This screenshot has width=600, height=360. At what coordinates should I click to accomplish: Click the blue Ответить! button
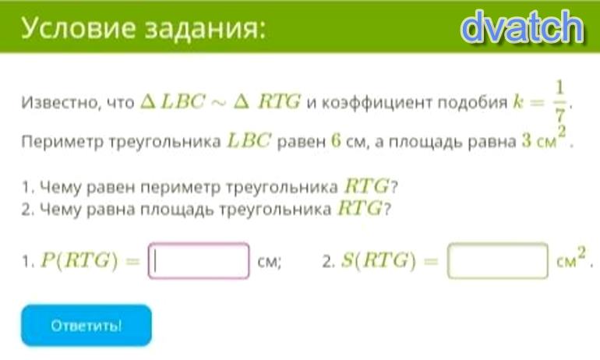click(86, 325)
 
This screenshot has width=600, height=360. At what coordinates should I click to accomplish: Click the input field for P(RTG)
click(199, 260)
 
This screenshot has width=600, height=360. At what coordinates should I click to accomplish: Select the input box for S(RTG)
click(497, 260)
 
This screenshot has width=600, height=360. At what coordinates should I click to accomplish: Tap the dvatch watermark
click(522, 26)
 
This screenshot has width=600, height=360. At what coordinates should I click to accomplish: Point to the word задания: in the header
click(205, 29)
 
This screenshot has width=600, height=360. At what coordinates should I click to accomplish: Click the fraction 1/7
click(559, 101)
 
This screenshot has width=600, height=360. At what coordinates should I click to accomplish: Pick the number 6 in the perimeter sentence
click(336, 141)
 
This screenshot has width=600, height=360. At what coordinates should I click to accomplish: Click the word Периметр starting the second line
click(62, 142)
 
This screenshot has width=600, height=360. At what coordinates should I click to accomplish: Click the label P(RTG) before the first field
click(79, 261)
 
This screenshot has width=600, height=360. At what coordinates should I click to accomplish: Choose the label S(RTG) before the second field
click(378, 261)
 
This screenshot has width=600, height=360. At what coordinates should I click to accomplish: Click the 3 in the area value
click(527, 141)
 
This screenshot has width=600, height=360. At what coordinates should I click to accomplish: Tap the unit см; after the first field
click(270, 262)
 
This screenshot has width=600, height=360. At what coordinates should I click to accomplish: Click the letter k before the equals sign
click(517, 102)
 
